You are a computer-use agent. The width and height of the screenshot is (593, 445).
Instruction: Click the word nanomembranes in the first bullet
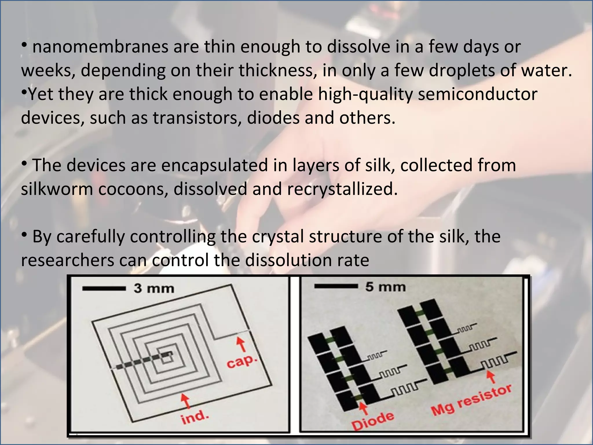(x=100, y=47)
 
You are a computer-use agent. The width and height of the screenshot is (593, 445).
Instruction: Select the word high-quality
(x=365, y=94)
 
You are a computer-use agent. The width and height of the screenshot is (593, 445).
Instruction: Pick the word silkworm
(x=57, y=189)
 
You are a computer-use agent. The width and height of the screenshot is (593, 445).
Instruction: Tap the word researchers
(x=67, y=260)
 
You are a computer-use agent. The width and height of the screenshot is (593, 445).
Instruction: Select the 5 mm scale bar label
(x=385, y=287)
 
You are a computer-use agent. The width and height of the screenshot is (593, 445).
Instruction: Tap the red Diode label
(x=373, y=421)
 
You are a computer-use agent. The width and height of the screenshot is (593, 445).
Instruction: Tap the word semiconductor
(x=477, y=94)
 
